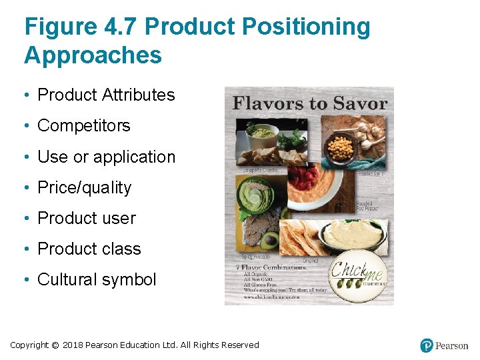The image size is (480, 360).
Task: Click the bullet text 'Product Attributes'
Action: [106, 95]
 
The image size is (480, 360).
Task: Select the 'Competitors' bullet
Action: [84, 126]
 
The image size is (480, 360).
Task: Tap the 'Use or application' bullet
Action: [106, 157]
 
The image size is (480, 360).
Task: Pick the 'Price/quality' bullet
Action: [85, 187]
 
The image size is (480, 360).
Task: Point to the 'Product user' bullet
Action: [87, 218]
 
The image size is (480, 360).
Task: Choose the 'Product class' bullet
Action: [89, 249]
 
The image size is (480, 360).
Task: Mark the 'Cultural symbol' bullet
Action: [97, 279]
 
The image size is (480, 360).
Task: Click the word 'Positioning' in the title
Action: [306, 27]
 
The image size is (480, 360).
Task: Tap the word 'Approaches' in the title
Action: [93, 55]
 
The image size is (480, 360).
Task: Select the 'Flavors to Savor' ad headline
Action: [309, 103]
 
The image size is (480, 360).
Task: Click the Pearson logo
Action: [444, 345]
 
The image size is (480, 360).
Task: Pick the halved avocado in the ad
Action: [270, 240]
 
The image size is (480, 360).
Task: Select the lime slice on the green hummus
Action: [255, 198]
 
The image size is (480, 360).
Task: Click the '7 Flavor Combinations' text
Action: [275, 267]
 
